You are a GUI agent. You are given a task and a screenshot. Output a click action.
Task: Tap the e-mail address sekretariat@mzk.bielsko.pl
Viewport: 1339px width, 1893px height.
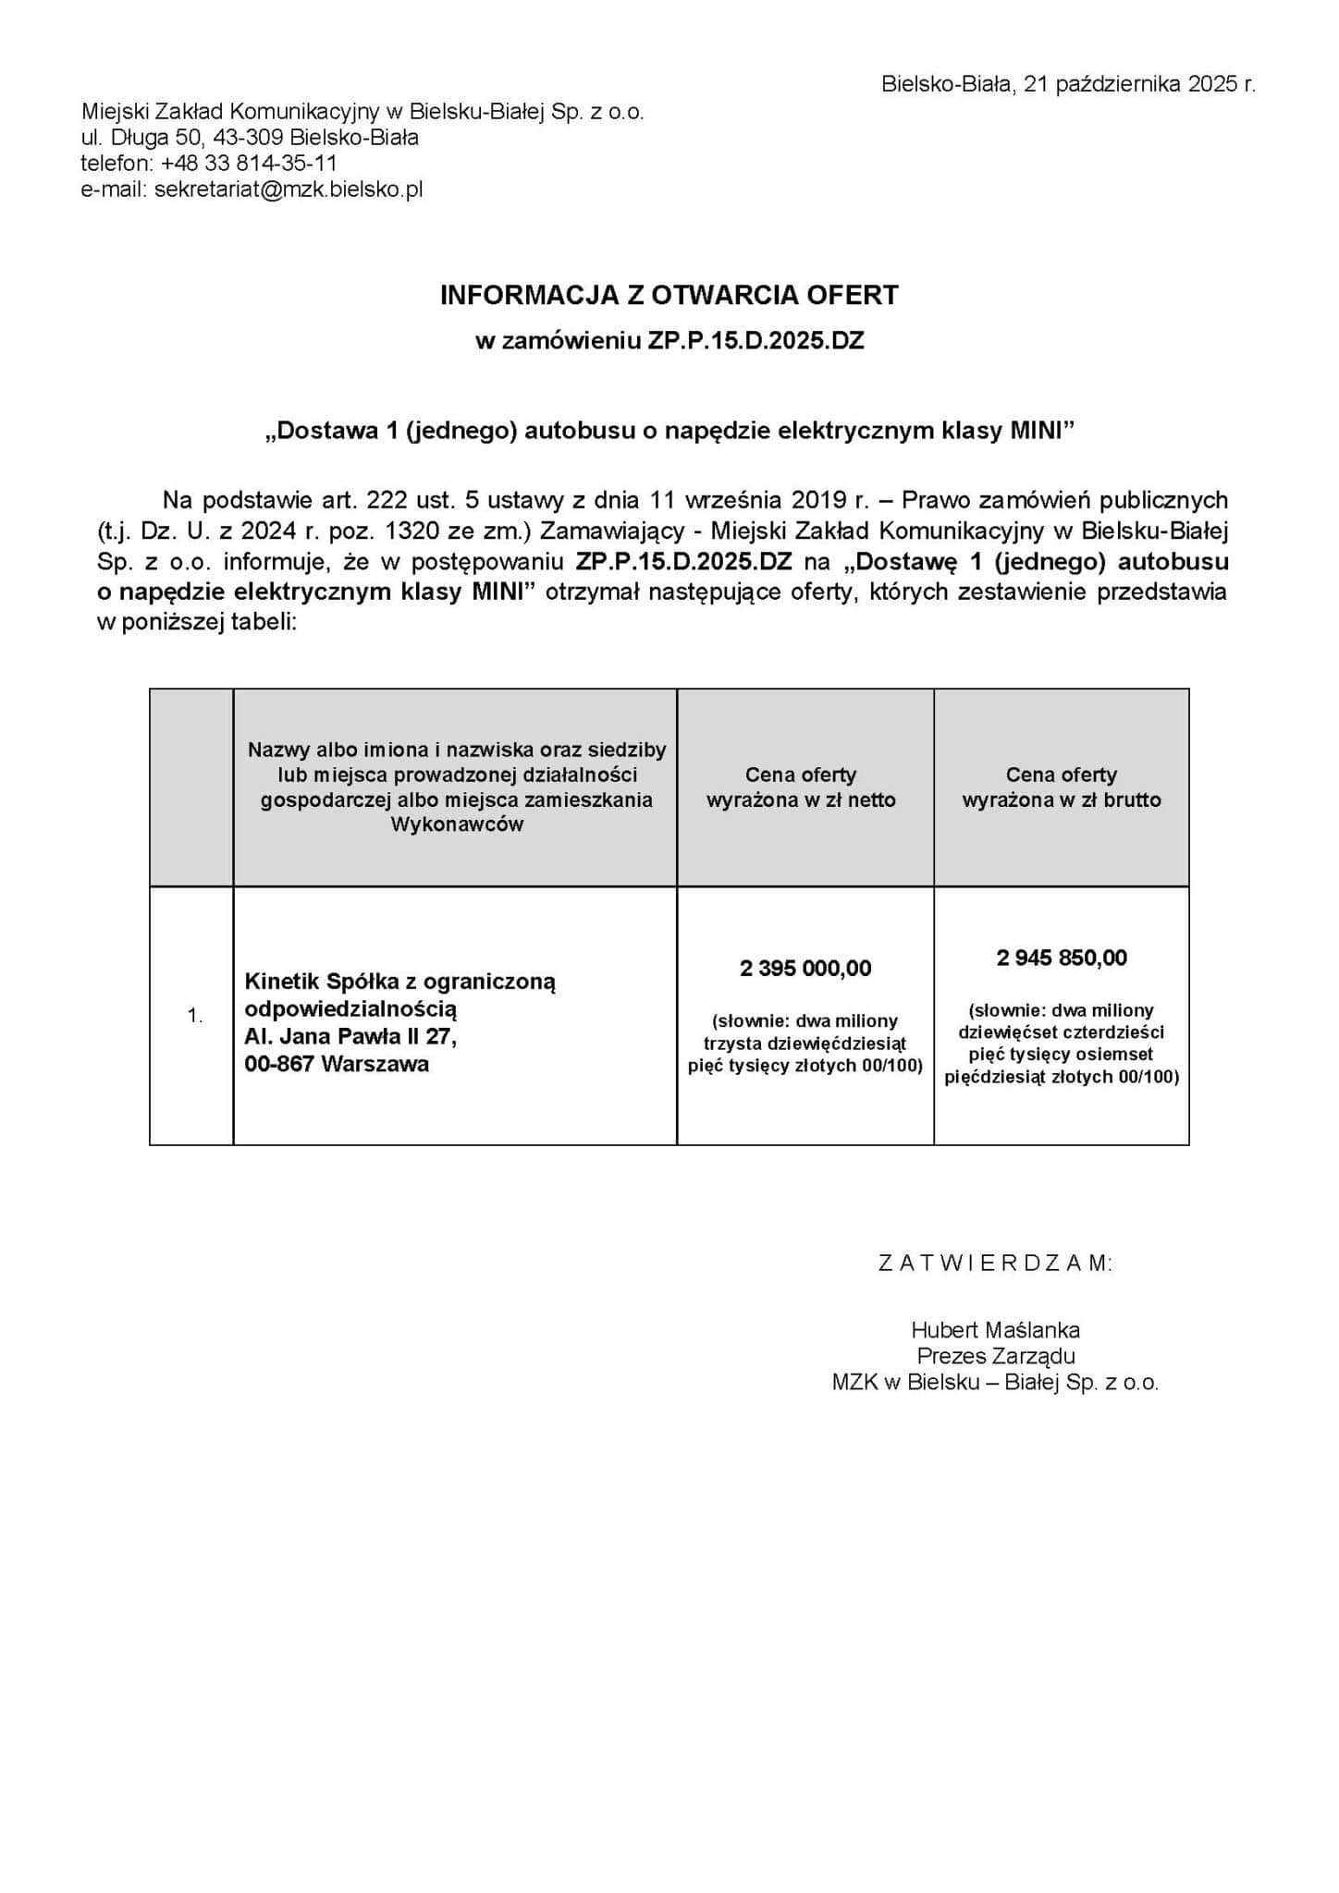(289, 189)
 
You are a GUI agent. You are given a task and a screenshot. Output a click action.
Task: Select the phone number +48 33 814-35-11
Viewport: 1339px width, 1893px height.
(248, 164)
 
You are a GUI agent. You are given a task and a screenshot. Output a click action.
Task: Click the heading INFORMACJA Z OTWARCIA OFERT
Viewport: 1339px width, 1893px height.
(669, 295)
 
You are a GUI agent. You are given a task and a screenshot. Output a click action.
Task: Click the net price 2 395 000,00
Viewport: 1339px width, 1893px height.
(805, 968)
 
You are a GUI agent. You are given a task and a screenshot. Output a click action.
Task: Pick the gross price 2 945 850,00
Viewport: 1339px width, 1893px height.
(1062, 958)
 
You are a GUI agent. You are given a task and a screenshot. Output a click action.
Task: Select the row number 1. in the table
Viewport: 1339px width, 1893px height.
(194, 1016)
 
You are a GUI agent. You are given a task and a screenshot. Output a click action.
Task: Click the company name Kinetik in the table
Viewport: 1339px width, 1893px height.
(275, 981)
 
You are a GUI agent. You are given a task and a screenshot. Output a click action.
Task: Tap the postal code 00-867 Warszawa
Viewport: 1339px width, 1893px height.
(337, 1064)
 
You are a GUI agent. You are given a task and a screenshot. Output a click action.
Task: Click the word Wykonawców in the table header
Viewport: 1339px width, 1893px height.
(457, 824)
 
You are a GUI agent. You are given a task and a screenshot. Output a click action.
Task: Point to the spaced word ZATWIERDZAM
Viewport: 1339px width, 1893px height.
(995, 1263)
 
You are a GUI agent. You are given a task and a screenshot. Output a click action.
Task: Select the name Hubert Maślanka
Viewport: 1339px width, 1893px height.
(995, 1330)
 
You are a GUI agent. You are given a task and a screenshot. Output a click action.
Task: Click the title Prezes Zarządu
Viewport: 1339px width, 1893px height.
(995, 1356)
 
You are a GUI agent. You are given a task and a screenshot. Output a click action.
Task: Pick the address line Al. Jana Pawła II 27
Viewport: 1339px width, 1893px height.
(350, 1037)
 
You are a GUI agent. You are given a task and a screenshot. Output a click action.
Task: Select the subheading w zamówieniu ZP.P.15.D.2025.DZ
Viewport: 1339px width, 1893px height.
(669, 341)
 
